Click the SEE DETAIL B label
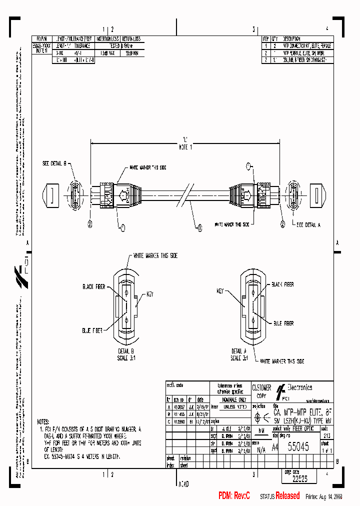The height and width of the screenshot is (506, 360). coord(57,163)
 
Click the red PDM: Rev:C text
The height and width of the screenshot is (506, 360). coord(234,495)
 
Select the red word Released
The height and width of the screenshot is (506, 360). coord(288,495)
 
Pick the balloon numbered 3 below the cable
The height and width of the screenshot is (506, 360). coord(199,228)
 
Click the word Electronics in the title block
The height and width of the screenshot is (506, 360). coord(298,387)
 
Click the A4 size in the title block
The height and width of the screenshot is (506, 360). coord(275,449)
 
